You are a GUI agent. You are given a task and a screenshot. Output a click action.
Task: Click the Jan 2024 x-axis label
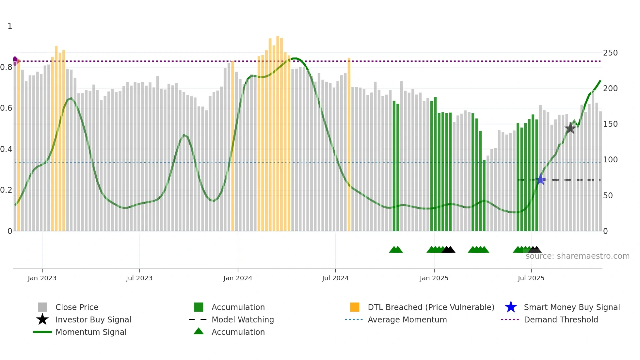click(x=238, y=278)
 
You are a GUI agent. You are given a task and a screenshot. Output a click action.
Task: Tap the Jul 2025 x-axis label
click(x=531, y=278)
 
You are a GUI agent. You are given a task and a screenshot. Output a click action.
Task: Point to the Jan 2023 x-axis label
click(x=42, y=278)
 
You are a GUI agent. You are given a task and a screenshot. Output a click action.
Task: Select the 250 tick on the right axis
click(x=610, y=53)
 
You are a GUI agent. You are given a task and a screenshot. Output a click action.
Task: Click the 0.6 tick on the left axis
click(x=7, y=108)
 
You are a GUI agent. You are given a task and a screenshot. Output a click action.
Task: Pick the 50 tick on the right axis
click(x=608, y=196)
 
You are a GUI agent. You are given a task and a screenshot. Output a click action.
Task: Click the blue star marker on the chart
click(x=541, y=180)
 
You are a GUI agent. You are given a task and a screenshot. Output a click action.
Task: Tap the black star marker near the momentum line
click(x=570, y=128)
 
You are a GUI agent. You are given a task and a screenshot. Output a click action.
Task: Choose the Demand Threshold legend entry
click(x=561, y=320)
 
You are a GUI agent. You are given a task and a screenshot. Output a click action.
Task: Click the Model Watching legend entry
click(x=242, y=320)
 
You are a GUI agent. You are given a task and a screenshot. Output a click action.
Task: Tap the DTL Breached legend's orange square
click(x=355, y=307)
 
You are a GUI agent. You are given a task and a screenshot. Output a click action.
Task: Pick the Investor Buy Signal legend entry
click(x=93, y=320)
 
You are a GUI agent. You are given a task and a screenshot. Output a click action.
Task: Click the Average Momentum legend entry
click(x=407, y=320)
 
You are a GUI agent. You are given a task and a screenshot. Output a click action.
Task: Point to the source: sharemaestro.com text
click(x=577, y=256)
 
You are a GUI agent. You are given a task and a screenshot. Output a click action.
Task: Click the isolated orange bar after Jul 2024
click(x=349, y=144)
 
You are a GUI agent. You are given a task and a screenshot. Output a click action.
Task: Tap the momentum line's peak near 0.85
click(x=295, y=58)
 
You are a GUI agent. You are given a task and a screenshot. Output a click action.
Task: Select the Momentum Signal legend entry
click(x=91, y=332)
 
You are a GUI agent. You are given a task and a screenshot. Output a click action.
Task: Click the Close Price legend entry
click(x=77, y=307)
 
